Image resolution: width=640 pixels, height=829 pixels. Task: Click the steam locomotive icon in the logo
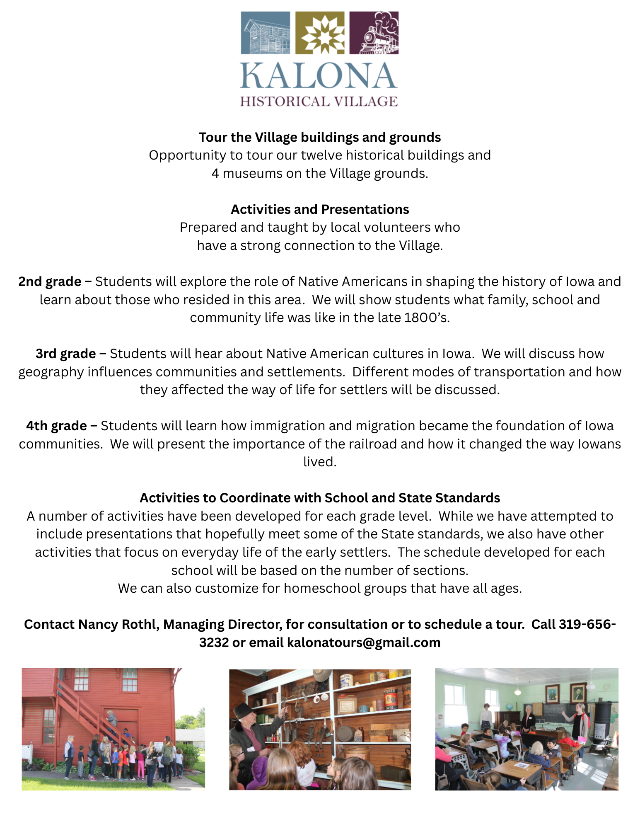point(374,33)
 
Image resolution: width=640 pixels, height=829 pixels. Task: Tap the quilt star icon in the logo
point(319,33)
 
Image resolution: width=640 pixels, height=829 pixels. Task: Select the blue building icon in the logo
point(265,33)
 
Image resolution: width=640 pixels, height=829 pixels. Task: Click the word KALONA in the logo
point(319,76)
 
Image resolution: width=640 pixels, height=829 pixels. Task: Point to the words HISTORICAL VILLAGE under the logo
point(319,102)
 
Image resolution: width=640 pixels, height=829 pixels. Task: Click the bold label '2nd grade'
point(50,282)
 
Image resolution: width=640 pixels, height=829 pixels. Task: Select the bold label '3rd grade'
point(66,354)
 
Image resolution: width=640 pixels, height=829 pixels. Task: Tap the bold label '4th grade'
point(57,426)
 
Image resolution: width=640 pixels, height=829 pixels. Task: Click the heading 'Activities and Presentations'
point(320,210)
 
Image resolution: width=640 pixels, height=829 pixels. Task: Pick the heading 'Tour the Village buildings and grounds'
point(320,138)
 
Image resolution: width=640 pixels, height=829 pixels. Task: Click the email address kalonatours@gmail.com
point(364,643)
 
